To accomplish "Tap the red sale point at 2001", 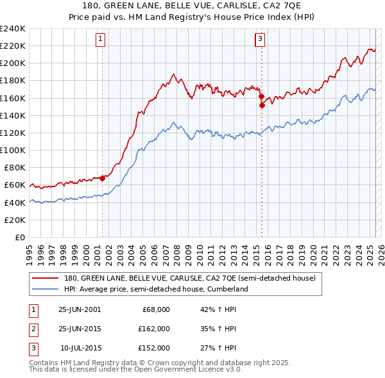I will coord(103,178).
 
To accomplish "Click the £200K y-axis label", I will coord(13,63).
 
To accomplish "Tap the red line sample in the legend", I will coord(45,279).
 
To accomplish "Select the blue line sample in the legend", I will coord(45,289).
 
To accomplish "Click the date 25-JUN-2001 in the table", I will coord(80,309).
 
